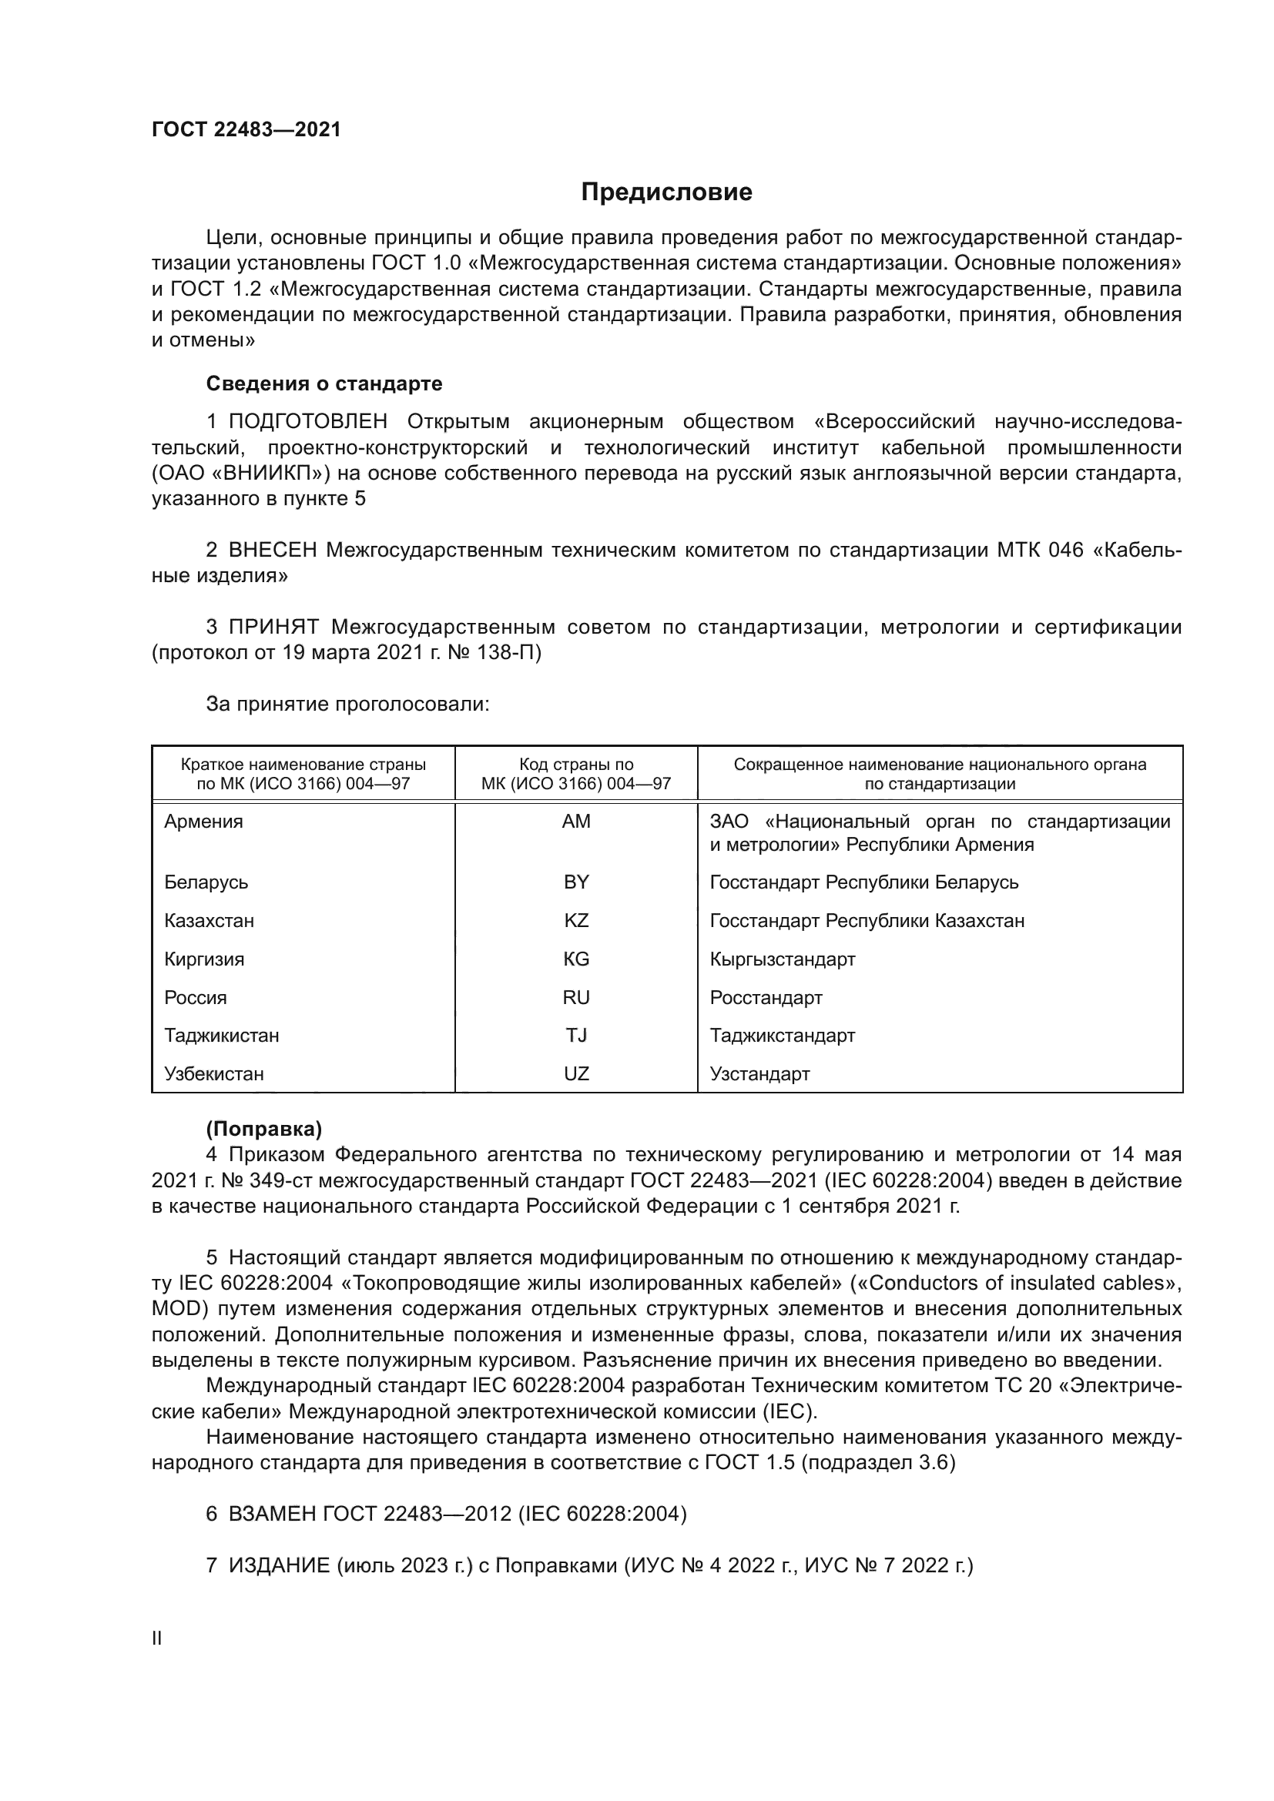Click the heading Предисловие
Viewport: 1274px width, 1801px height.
pyautogui.click(x=666, y=192)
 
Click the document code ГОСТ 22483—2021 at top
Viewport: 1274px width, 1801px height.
pyautogui.click(x=246, y=129)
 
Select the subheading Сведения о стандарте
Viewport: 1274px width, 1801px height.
pyautogui.click(x=324, y=383)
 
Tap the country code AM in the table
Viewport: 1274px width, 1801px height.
pyautogui.click(x=576, y=822)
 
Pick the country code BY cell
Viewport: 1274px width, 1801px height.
pyautogui.click(x=576, y=882)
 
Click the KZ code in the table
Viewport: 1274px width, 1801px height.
pyautogui.click(x=576, y=920)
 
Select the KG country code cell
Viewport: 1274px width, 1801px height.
pyautogui.click(x=576, y=959)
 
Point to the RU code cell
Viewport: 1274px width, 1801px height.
pyautogui.click(x=576, y=997)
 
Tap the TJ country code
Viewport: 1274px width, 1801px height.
pyautogui.click(x=576, y=1035)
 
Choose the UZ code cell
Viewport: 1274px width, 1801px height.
pyautogui.click(x=576, y=1073)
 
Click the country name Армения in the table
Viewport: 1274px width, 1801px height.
pyautogui.click(x=204, y=822)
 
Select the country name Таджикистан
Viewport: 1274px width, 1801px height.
pyautogui.click(x=221, y=1035)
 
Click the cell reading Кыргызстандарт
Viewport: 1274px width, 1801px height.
pyautogui.click(x=782, y=959)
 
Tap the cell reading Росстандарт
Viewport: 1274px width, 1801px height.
pyautogui.click(x=766, y=997)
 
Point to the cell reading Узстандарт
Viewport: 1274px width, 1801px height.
pyautogui.click(x=759, y=1073)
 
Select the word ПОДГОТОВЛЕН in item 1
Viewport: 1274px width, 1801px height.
pyautogui.click(x=307, y=421)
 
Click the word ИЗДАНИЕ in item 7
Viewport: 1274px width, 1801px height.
pyautogui.click(x=280, y=1565)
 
